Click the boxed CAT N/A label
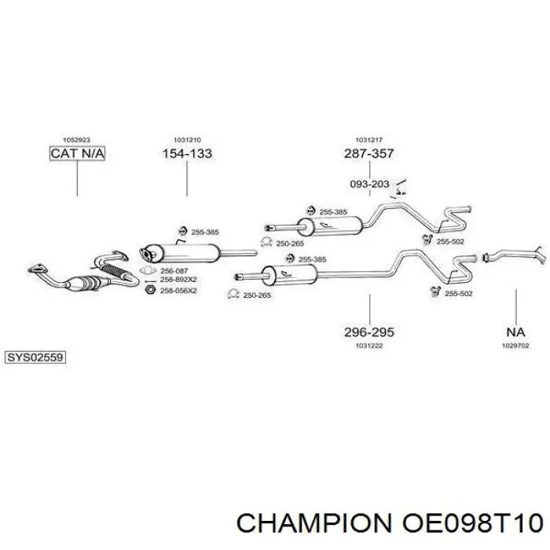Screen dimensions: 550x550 [77, 154]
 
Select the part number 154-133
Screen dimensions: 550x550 [187, 154]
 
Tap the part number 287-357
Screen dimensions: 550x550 [369, 154]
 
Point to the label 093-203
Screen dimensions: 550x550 [370, 184]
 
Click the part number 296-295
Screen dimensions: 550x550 [369, 332]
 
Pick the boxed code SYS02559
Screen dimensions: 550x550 [35, 357]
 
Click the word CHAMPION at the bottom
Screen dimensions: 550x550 [314, 523]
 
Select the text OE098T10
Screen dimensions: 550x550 [473, 523]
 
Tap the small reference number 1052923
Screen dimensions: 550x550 [76, 140]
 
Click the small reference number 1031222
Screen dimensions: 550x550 [369, 346]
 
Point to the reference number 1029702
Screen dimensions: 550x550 [515, 346]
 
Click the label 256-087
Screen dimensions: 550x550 [174, 271]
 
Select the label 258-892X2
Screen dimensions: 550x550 [178, 280]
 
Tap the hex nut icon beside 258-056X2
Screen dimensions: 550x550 [150, 290]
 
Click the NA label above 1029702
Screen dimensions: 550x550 [515, 332]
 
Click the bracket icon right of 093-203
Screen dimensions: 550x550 [399, 188]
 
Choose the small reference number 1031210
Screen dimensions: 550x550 [187, 140]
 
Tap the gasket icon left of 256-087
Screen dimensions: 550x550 [148, 271]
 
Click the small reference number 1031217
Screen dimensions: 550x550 [369, 140]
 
